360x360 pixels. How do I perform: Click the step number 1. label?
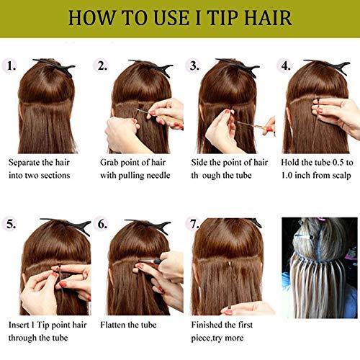[x=12, y=66]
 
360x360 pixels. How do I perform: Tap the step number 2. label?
[x=103, y=66]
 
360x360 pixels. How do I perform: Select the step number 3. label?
[x=194, y=66]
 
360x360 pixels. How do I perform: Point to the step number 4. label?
[x=286, y=66]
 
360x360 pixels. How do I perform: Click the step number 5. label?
[x=12, y=224]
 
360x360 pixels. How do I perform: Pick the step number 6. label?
[x=103, y=224]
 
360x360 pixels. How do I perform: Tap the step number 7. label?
[x=194, y=224]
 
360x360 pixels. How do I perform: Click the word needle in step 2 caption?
[x=166, y=175]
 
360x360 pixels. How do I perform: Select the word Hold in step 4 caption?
[x=292, y=162]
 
